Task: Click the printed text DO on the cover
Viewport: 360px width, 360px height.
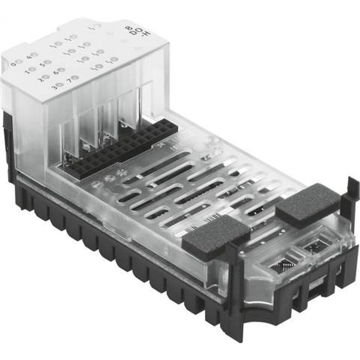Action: click(x=134, y=32)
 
